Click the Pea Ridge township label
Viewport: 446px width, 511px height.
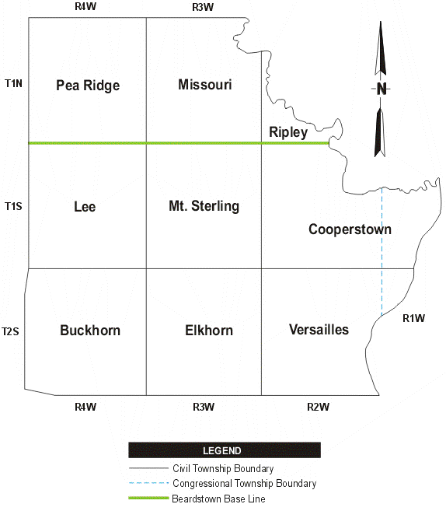pos(88,86)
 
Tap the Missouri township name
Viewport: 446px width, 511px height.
pos(204,84)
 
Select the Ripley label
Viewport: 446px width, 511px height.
pos(288,132)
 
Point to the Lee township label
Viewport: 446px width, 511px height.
pos(85,207)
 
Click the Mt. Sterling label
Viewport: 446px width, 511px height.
pos(204,206)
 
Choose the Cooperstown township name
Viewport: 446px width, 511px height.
pos(350,229)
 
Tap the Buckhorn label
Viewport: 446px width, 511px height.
pos(90,331)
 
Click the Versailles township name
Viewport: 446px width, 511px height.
pos(319,330)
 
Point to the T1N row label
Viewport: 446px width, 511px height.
pos(13,82)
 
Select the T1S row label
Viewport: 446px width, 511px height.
pos(13,206)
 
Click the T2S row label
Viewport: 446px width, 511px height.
pos(10,332)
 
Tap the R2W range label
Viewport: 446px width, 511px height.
pos(319,406)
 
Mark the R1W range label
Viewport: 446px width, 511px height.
pos(413,318)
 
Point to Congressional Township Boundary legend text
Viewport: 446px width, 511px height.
pos(244,484)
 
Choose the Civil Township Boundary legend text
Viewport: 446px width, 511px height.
pos(222,469)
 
